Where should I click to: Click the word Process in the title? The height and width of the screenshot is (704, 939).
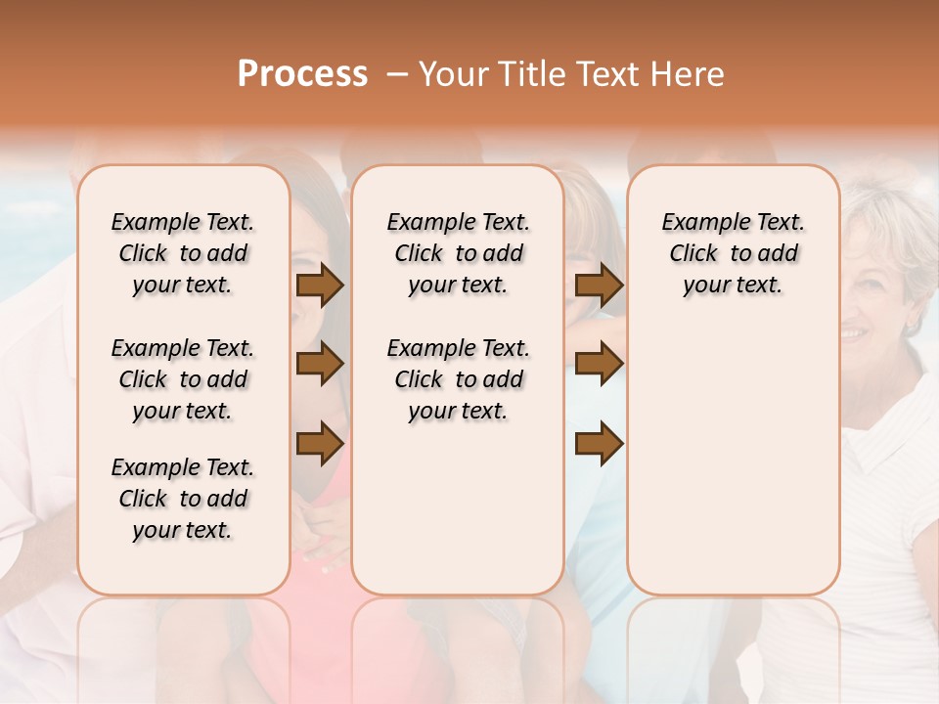302,74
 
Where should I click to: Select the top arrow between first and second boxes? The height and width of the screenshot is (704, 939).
320,286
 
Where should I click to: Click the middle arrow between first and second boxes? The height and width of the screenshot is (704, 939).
320,365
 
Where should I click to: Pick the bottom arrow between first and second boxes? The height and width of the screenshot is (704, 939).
320,443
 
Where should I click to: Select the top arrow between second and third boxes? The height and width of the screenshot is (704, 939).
599,286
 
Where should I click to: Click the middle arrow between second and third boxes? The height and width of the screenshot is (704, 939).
599,365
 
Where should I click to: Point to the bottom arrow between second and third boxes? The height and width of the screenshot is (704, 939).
599,443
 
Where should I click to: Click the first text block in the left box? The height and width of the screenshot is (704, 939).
183,253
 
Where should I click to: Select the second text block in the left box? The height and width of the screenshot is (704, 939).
183,379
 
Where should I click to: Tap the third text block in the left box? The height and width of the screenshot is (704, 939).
183,499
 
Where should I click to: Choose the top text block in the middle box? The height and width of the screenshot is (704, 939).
458,253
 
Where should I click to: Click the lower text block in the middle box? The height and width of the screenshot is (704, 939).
458,379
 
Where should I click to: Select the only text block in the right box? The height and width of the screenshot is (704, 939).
733,253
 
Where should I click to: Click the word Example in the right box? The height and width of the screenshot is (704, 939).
698,222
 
